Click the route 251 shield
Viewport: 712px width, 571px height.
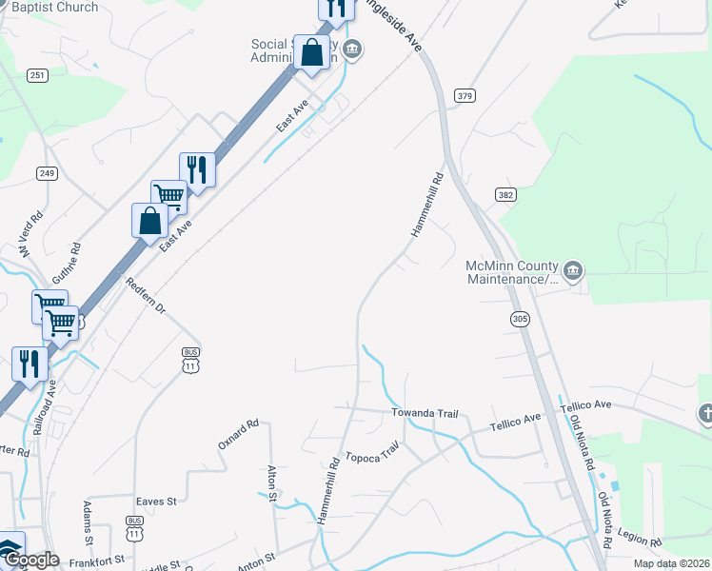[37, 75]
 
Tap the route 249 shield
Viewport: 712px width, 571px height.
[47, 173]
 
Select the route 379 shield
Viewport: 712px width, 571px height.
[465, 95]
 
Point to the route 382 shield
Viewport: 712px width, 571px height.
[505, 194]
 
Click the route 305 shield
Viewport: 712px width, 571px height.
[519, 320]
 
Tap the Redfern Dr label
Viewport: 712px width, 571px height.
[146, 296]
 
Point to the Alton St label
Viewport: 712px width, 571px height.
[272, 483]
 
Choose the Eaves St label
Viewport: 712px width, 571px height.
[156, 501]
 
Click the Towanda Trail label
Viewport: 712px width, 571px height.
[425, 414]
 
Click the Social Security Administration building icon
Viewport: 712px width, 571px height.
[352, 50]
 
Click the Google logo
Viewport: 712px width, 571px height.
[30, 560]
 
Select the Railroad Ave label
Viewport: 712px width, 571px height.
[43, 408]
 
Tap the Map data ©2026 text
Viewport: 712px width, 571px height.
[672, 563]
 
